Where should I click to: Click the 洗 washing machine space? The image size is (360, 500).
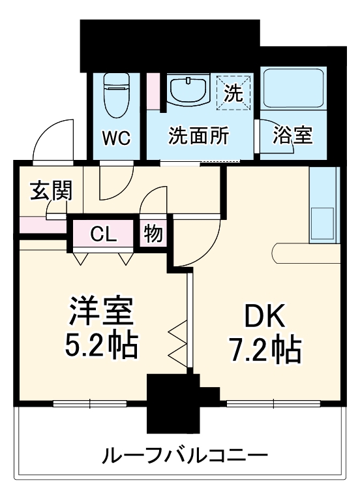click(233, 93)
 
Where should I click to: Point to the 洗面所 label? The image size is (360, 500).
click(198, 136)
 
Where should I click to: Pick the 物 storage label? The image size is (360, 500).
click(153, 234)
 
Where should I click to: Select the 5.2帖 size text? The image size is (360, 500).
click(101, 345)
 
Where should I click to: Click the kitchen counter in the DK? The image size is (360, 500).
click(323, 206)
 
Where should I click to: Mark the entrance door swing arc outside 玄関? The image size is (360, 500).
click(53, 140)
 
